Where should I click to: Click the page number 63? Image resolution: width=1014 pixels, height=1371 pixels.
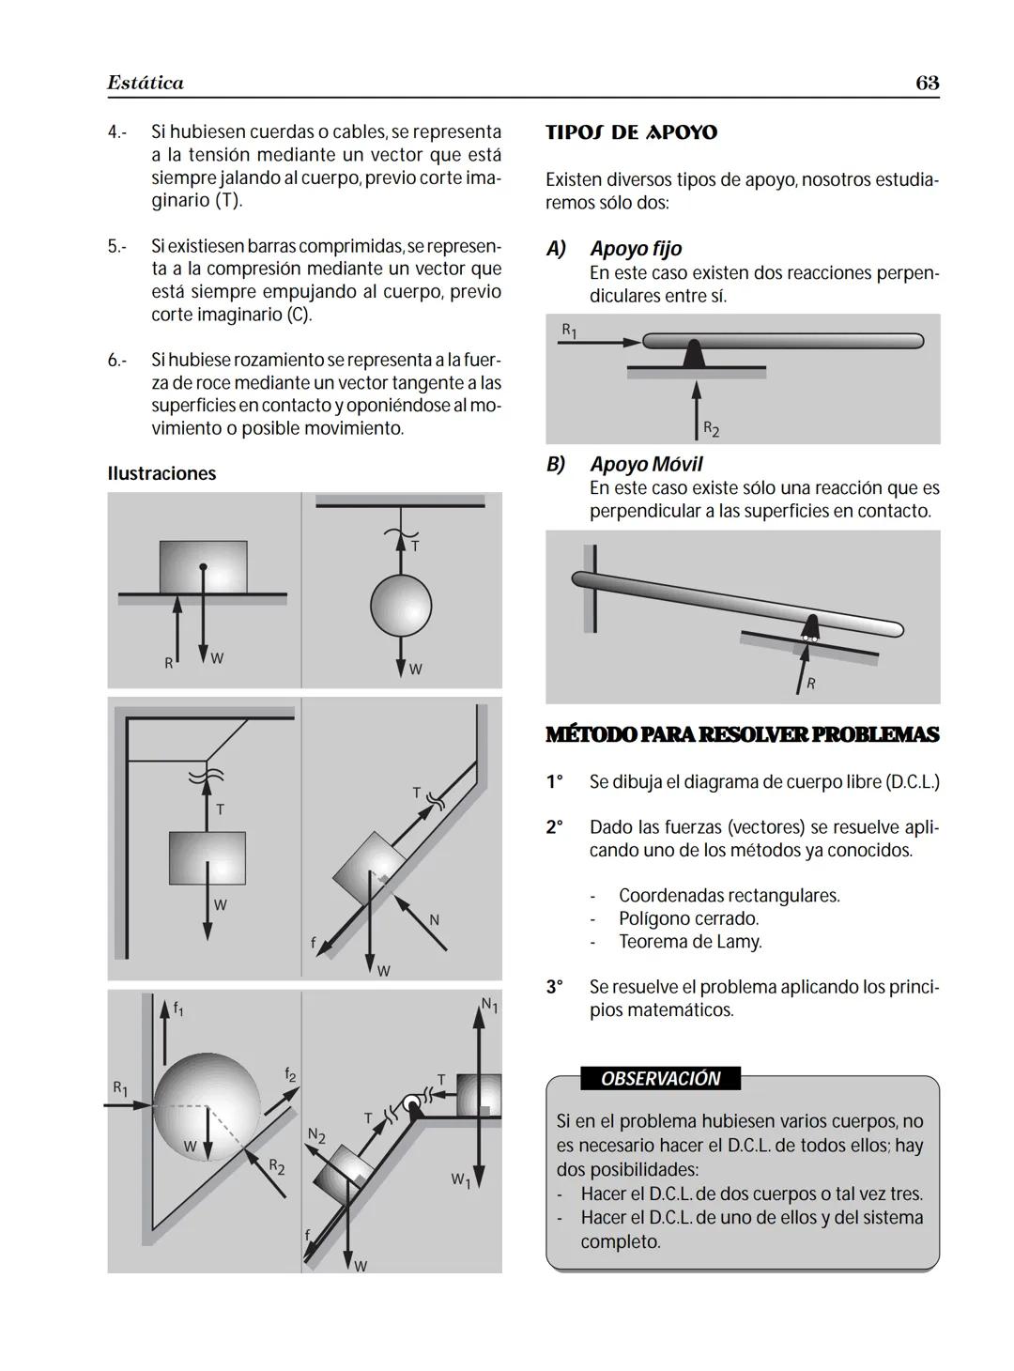point(927,83)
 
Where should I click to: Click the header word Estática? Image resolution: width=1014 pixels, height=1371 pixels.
point(146,83)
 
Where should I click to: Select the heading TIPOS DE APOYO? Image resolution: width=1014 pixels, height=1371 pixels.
point(631,132)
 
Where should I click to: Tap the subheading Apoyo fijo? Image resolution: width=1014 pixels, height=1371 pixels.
point(636,249)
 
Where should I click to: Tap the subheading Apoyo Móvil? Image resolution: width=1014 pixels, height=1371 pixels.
point(646,464)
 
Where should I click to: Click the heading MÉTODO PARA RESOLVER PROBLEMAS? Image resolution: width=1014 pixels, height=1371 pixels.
point(742,734)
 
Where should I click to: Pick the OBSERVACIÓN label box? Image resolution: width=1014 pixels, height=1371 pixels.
point(660,1078)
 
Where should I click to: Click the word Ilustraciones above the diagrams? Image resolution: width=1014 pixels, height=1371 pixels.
point(161,473)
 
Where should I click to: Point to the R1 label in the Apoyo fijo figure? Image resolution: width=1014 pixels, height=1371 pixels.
point(569,331)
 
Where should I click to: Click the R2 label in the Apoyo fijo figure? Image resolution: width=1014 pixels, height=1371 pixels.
point(712,430)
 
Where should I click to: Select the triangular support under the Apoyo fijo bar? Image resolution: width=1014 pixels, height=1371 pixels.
point(694,353)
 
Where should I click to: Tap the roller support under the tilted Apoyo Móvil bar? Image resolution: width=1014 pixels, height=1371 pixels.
point(808,628)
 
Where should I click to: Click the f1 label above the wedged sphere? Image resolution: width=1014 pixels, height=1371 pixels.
point(178,1009)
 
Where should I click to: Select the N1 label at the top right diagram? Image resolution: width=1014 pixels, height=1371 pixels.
point(489,1006)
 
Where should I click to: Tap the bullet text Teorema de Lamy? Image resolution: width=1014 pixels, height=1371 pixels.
point(689,941)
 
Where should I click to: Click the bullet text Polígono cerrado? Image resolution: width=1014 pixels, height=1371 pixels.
point(688,918)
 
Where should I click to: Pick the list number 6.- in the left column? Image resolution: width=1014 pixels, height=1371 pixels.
point(116,361)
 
